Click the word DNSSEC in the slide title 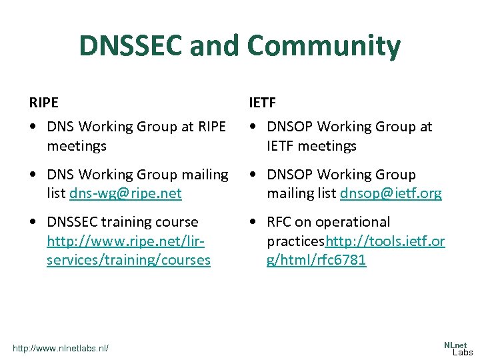pos(131,46)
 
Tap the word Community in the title pos(324,46)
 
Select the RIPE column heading pos(43,103)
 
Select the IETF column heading pos(263,103)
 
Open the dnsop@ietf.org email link pos(391,193)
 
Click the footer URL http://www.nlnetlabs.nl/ pos(60,348)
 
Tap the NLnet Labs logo pos(458,348)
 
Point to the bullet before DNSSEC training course pos(33,222)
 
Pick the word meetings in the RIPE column pos(77,145)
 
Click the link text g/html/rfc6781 pos(316,260)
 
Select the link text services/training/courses pos(128,260)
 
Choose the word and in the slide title pos(217,46)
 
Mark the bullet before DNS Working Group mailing pos(33,175)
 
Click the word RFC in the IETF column pos(281,222)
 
